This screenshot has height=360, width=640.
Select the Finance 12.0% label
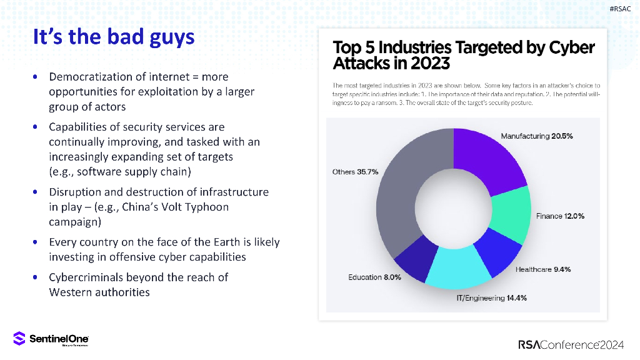560,216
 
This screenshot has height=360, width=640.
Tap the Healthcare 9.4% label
542,269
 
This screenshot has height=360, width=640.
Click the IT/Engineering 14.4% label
491,298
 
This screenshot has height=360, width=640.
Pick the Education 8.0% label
374,277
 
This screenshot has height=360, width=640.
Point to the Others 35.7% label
355,172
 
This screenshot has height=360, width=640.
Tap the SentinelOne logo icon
19,339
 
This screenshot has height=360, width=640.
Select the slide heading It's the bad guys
113,37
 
